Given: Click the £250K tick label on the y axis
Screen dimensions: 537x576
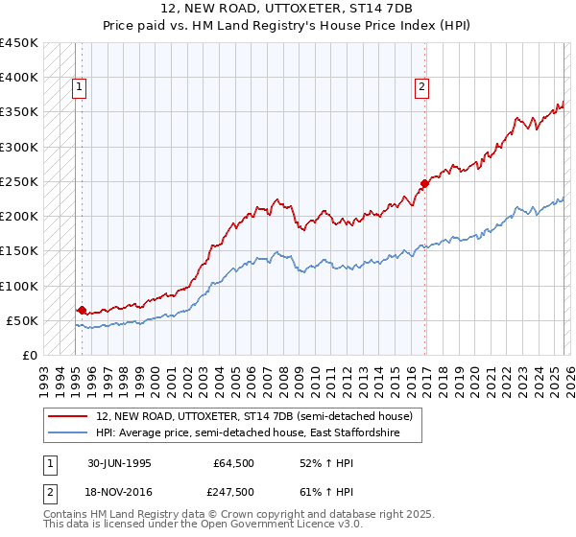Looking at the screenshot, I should tap(19, 181).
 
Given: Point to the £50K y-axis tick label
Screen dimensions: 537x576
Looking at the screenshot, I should tap(22, 320).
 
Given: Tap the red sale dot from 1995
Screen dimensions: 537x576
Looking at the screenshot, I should tap(82, 310).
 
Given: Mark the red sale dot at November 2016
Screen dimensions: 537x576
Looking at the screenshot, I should tap(423, 183).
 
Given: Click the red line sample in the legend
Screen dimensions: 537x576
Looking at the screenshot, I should tap(68, 416).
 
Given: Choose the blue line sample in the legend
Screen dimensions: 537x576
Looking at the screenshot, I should tap(68, 433).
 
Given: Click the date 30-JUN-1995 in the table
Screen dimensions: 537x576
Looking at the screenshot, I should tap(119, 462).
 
